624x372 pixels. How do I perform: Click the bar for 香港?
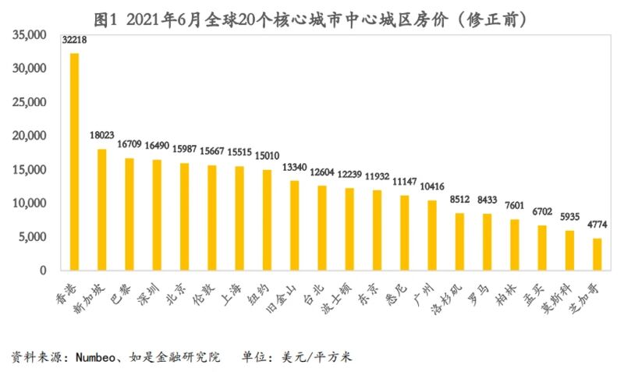[x=75, y=161]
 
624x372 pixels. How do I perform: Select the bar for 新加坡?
[x=102, y=209]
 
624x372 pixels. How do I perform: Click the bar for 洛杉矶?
[x=459, y=241]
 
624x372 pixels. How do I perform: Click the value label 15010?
[x=267, y=156]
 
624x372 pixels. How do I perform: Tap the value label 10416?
[x=432, y=187]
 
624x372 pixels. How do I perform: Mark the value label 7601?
[x=515, y=206]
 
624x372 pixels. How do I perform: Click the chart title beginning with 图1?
[x=311, y=17]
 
